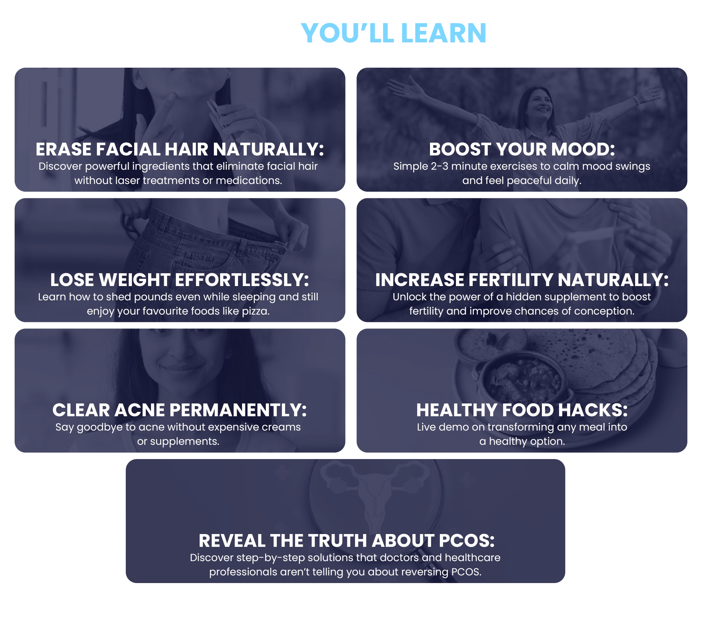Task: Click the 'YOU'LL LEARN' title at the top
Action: coord(394,33)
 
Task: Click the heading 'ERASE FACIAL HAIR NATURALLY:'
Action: coord(180,149)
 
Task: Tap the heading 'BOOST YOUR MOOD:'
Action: coord(522,149)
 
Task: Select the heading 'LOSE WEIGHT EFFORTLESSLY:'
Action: coord(180,280)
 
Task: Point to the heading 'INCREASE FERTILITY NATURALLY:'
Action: coord(522,280)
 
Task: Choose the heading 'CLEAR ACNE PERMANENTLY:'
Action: coord(180,410)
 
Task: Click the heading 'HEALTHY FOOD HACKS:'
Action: coord(522,410)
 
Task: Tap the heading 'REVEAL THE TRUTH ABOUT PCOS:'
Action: coord(347,541)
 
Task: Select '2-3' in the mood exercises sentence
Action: coord(440,166)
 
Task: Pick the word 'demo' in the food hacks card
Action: coord(453,427)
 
